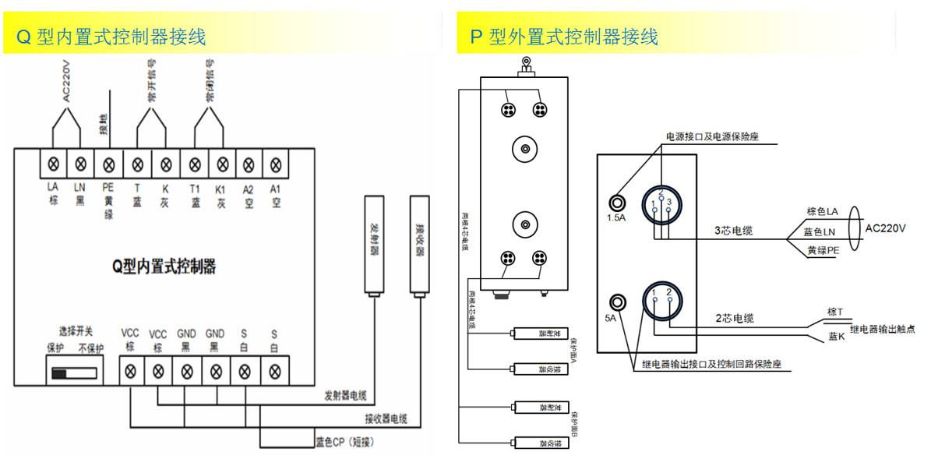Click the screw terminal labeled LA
point(53,164)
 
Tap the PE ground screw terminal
point(109,164)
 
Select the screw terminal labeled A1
point(275,164)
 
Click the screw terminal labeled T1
point(195,164)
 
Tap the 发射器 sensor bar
point(374,245)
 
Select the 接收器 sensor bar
point(420,245)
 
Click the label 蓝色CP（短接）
point(345,442)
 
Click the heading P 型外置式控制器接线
point(565,37)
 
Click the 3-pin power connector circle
point(661,203)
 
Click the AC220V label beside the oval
point(886,228)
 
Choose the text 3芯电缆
point(735,231)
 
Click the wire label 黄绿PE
point(823,250)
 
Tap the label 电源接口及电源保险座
point(711,136)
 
